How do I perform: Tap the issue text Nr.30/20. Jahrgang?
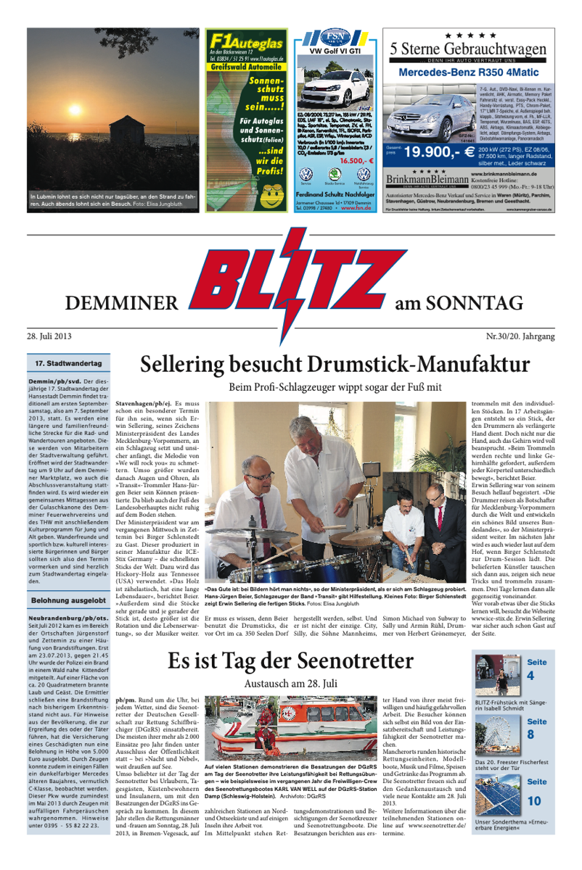click(x=520, y=336)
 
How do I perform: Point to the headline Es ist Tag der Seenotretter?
click(x=290, y=660)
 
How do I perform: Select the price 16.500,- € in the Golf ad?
click(x=356, y=161)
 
